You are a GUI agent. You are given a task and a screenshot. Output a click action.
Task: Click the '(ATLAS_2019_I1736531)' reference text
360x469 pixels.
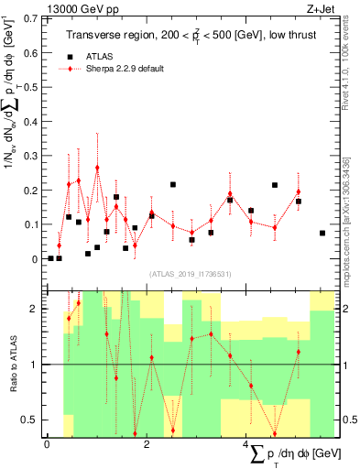(190, 275)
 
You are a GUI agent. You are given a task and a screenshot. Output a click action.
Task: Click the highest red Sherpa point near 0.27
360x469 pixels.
(97, 168)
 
